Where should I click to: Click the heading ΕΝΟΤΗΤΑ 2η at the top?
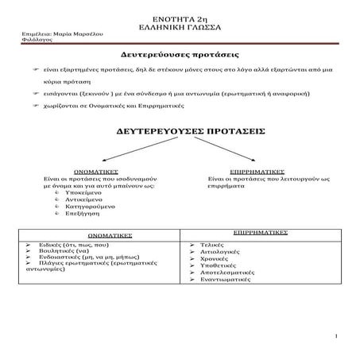[x=180, y=17]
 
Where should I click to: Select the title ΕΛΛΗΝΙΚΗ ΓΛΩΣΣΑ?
[x=180, y=26]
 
